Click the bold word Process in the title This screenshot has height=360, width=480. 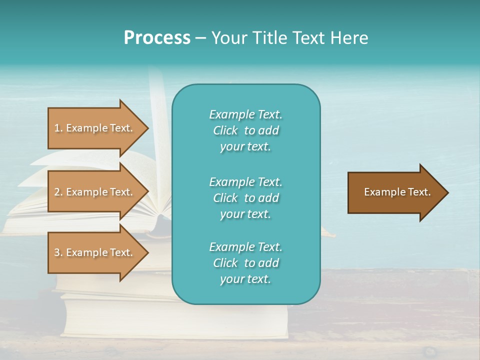(x=157, y=37)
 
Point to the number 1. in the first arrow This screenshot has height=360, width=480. (x=58, y=128)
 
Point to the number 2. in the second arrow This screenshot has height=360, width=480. (x=58, y=192)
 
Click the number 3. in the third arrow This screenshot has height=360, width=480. (x=58, y=252)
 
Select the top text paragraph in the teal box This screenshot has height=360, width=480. (x=245, y=130)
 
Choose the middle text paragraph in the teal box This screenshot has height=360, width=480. (x=245, y=197)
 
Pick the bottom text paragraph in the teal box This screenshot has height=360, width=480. (x=245, y=263)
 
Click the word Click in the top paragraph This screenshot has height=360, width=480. (x=225, y=130)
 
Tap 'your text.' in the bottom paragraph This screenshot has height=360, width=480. (x=245, y=279)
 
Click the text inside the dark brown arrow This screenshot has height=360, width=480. (x=397, y=192)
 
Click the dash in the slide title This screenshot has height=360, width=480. (x=200, y=37)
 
